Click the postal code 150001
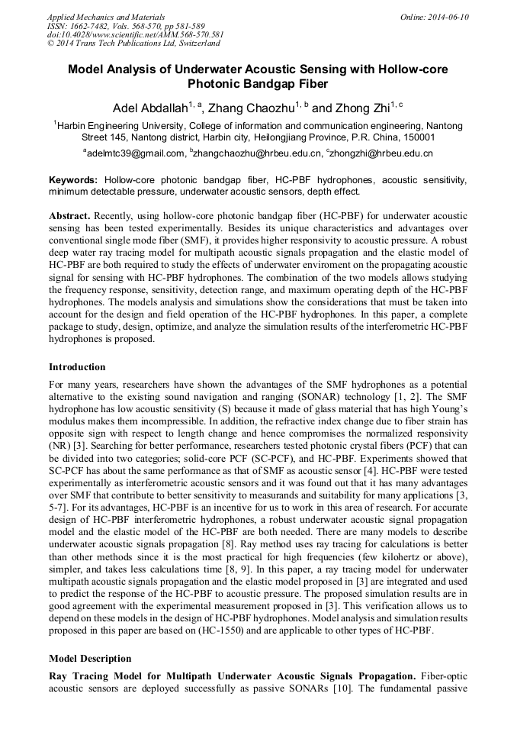tap(416, 137)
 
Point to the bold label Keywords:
tap(72, 179)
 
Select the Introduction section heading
tap(77, 367)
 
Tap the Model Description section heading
tap(90, 659)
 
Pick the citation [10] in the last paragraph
tap(334, 690)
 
